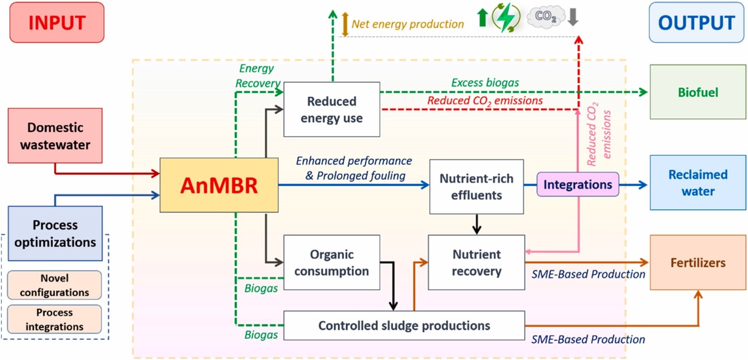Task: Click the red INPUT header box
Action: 56,23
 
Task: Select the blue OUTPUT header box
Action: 696,22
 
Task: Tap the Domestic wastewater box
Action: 55,135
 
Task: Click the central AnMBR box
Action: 219,185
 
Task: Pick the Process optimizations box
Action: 55,233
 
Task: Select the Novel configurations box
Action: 54,285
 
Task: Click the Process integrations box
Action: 54,319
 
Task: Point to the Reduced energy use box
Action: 332,110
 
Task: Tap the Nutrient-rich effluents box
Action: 476,187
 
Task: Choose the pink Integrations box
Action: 577,185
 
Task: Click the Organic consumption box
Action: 332,263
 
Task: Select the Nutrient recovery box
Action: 476,263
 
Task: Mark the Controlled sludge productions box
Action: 404,325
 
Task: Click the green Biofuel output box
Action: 697,92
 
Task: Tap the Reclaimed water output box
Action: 697,183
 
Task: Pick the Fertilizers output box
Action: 697,263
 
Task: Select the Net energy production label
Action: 407,24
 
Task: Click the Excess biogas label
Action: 486,83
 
